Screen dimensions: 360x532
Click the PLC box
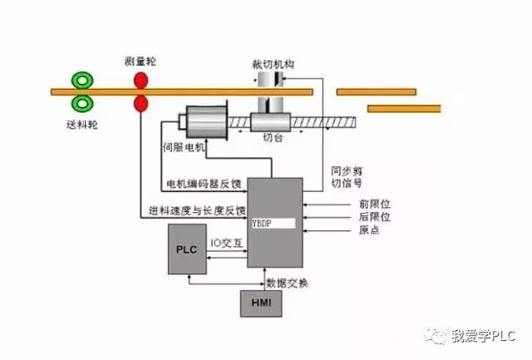click(187, 248)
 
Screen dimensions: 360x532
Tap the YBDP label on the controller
click(264, 224)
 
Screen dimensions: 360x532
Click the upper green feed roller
click(82, 81)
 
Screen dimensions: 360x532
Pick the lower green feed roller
click(82, 103)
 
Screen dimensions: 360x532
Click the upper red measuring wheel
click(140, 81)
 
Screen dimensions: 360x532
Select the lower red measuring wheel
click(140, 103)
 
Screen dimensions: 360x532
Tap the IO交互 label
click(225, 243)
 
